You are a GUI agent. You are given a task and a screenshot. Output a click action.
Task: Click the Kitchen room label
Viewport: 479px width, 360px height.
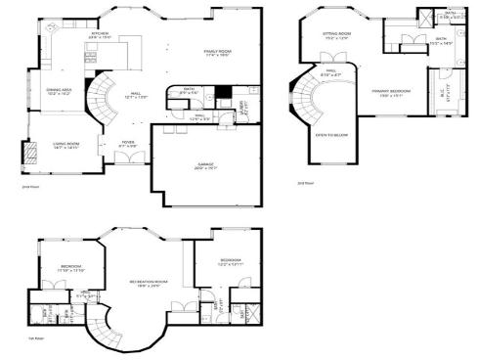pos(99,34)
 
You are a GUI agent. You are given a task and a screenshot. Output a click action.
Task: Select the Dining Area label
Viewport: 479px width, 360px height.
pos(59,91)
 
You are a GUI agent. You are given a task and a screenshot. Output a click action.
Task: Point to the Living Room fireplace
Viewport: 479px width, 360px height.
pos(28,152)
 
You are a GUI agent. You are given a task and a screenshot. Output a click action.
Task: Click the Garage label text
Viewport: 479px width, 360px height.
pos(204,165)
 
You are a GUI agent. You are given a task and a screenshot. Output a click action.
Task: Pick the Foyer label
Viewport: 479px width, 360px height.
pos(127,144)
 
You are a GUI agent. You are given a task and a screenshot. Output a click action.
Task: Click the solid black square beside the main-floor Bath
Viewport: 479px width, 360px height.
pos(224,95)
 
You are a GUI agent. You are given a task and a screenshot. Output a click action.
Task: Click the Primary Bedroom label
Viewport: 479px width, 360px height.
pos(394,93)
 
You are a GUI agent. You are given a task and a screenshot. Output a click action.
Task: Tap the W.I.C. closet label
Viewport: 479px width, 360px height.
pos(442,94)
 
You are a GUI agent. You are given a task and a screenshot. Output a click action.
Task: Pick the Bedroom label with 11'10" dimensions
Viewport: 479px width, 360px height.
pos(70,267)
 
